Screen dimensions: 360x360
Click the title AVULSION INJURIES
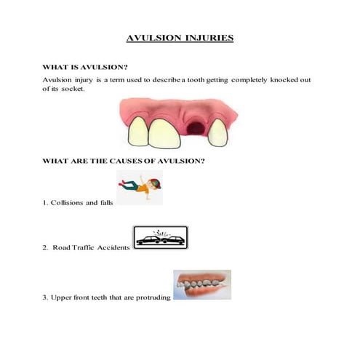point(180,37)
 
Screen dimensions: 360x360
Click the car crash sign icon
point(161,238)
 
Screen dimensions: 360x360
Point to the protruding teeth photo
point(201,284)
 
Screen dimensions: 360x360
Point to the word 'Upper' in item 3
point(61,296)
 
